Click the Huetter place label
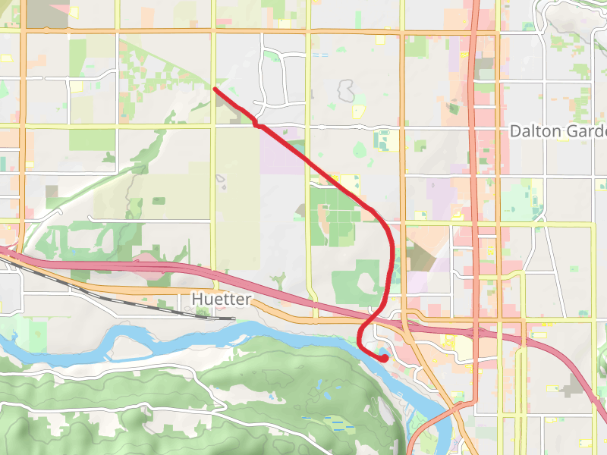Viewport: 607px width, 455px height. [x=221, y=300]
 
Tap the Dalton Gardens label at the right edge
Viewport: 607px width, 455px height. [x=558, y=131]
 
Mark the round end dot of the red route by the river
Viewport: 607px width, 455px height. [x=385, y=358]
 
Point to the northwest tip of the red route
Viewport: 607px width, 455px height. [x=215, y=89]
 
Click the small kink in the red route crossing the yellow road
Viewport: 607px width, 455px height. [x=258, y=124]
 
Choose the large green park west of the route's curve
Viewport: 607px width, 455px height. [x=331, y=212]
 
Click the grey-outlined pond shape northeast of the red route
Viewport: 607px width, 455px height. [x=346, y=92]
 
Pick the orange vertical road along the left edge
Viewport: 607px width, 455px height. [x=23, y=152]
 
